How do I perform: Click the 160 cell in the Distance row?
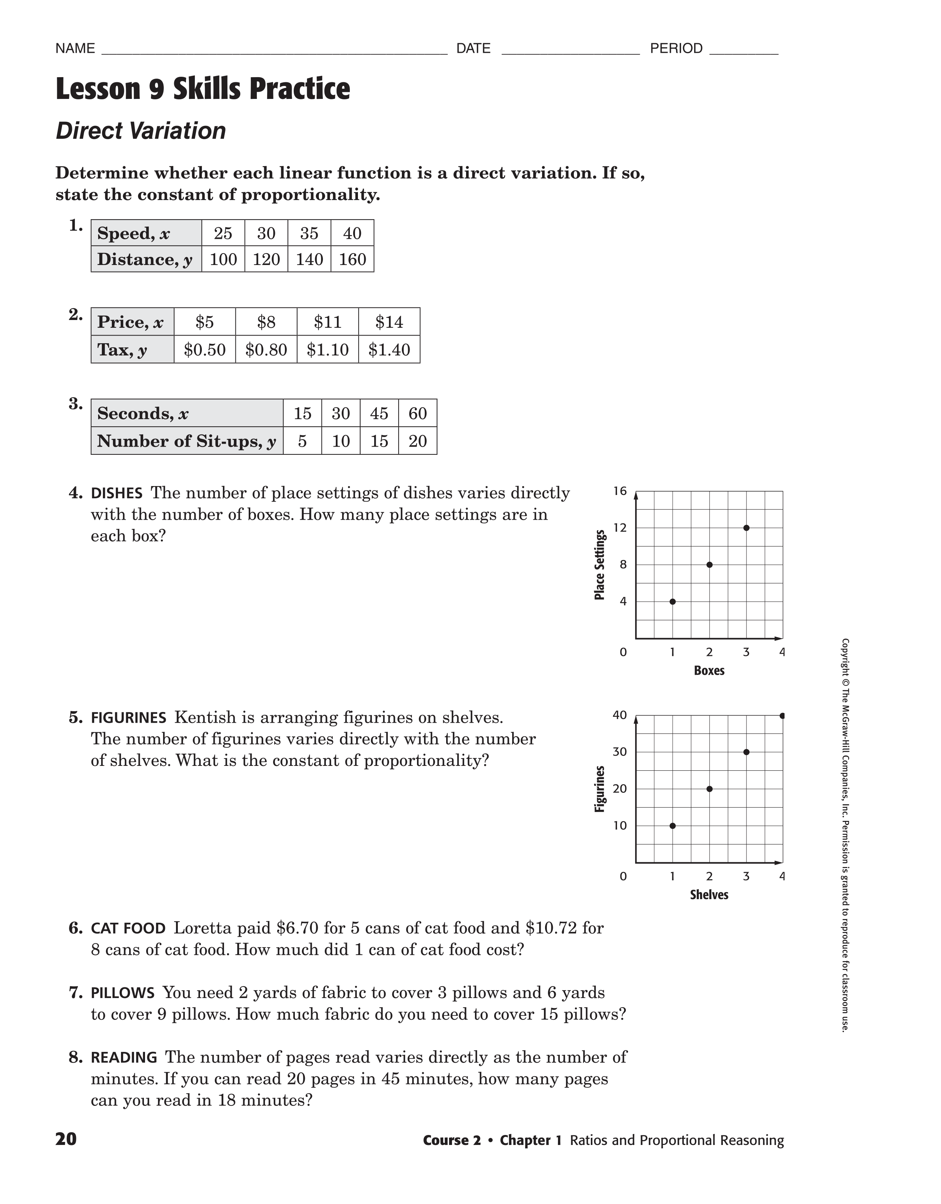(x=352, y=259)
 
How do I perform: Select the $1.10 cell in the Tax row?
(x=327, y=350)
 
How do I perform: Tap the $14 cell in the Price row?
(x=389, y=322)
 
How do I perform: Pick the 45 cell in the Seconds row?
(x=379, y=413)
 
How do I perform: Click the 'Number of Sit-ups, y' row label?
(x=186, y=441)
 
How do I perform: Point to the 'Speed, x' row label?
(x=134, y=233)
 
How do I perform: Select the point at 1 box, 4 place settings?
(x=672, y=602)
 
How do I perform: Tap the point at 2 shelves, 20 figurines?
(x=710, y=789)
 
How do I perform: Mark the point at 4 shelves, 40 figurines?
(x=782, y=716)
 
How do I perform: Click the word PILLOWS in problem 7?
(x=123, y=993)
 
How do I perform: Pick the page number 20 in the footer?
(x=66, y=1139)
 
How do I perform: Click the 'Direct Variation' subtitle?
(x=141, y=131)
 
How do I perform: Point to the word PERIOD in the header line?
(x=676, y=48)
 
